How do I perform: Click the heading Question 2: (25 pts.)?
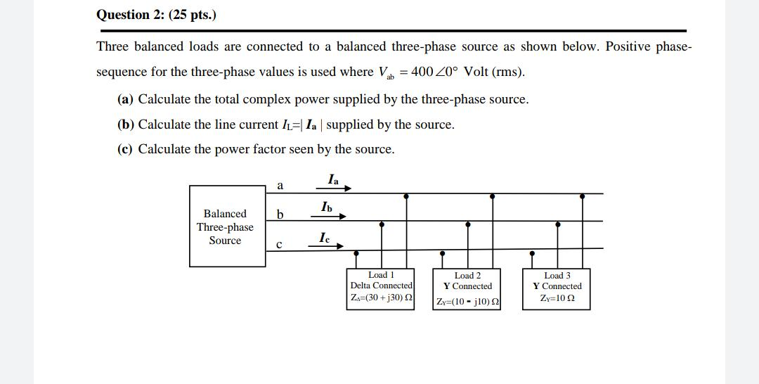pyautogui.click(x=156, y=15)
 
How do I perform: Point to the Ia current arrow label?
pyautogui.click(x=333, y=179)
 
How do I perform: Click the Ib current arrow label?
pyautogui.click(x=326, y=207)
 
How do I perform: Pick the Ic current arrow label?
pyautogui.click(x=324, y=238)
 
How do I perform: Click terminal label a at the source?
pyautogui.click(x=280, y=186)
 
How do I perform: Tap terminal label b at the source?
pyautogui.click(x=280, y=214)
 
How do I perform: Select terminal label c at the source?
pyautogui.click(x=279, y=244)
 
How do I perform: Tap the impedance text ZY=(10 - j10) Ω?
pyautogui.click(x=467, y=302)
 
